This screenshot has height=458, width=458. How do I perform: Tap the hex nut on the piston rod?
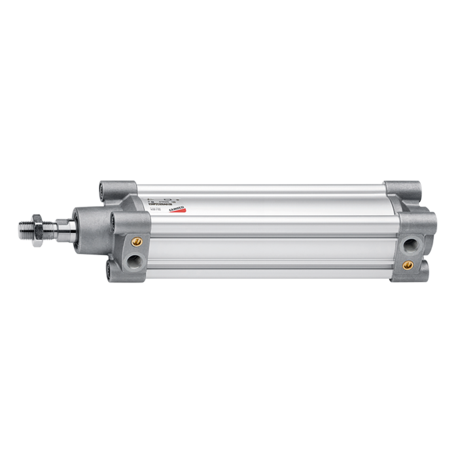[x=39, y=228]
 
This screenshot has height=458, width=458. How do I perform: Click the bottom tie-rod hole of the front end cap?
[x=109, y=270]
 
